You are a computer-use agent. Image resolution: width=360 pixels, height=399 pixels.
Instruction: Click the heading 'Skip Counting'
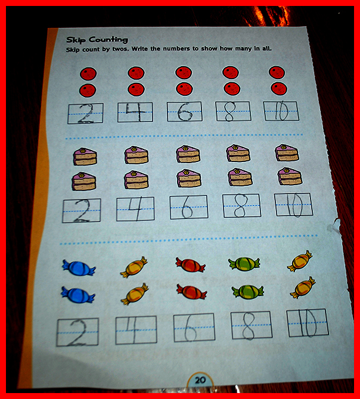click(x=97, y=40)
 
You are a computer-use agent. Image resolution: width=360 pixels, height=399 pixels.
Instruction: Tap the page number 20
click(x=200, y=380)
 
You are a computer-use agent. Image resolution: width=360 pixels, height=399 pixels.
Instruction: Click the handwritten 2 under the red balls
click(x=86, y=114)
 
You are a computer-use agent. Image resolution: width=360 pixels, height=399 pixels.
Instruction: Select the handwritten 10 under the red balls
click(x=282, y=111)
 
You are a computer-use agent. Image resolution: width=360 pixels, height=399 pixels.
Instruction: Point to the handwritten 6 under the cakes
click(x=187, y=207)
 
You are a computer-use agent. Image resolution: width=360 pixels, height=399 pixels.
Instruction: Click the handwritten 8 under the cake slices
click(x=240, y=205)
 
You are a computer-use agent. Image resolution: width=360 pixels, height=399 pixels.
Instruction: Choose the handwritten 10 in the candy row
click(x=308, y=323)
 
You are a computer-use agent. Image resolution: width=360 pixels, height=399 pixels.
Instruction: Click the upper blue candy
click(x=79, y=268)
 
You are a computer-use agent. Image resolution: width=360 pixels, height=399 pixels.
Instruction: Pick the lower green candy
click(x=248, y=292)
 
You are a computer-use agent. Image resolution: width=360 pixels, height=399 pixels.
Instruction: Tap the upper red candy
click(x=191, y=264)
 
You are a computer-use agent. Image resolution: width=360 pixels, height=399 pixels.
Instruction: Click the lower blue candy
click(x=78, y=295)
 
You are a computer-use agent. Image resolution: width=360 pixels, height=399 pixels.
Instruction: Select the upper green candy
click(x=244, y=264)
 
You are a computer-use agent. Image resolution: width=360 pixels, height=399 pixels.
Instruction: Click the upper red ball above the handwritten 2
click(x=88, y=74)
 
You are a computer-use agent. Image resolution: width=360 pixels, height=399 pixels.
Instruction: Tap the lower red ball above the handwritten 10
click(x=279, y=89)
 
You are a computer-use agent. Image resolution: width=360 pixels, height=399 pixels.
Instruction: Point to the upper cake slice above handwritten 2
click(x=85, y=157)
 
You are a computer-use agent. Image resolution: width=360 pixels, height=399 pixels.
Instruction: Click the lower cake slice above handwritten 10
click(x=290, y=176)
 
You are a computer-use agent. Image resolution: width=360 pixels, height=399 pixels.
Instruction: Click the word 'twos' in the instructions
click(x=120, y=49)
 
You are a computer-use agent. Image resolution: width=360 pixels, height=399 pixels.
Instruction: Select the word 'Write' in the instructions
click(x=139, y=49)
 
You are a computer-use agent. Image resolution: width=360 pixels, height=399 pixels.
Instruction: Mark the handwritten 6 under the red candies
click(x=191, y=329)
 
